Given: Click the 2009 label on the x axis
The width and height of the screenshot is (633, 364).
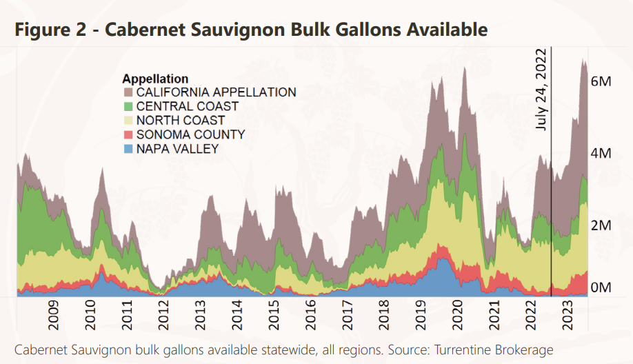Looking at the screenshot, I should [53, 318].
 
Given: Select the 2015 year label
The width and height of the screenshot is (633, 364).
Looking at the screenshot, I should [274, 318].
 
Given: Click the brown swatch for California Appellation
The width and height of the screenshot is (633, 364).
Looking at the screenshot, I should [128, 92].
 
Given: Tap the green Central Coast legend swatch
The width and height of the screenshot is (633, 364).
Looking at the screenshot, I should [128, 106].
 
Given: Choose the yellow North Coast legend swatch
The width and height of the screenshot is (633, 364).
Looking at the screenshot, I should [128, 121].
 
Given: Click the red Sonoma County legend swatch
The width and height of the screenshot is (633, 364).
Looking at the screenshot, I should [128, 134].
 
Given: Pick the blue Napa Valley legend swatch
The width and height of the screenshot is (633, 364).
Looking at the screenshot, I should [128, 149].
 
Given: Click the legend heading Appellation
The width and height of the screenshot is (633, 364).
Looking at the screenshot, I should [155, 79].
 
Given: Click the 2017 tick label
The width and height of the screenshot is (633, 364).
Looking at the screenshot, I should [348, 318].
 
